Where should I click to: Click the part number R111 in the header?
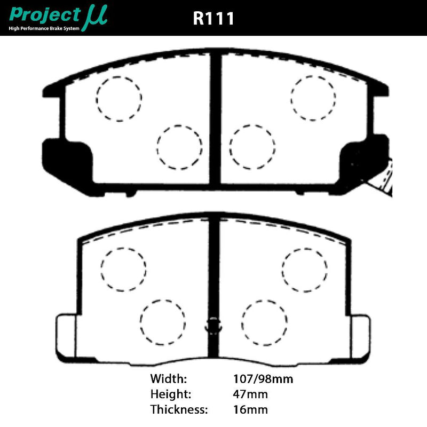pos(213,18)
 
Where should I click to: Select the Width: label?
pos(169,379)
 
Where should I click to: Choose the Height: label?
pos(171,394)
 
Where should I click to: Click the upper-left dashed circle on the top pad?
pos(119,98)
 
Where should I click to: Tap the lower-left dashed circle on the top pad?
pos(180,147)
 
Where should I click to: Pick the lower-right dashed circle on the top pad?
pos(252,147)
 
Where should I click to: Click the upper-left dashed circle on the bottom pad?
pos(123,270)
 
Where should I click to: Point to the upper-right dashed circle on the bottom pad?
pos(304,270)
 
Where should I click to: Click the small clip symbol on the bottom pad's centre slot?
pos(213,324)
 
